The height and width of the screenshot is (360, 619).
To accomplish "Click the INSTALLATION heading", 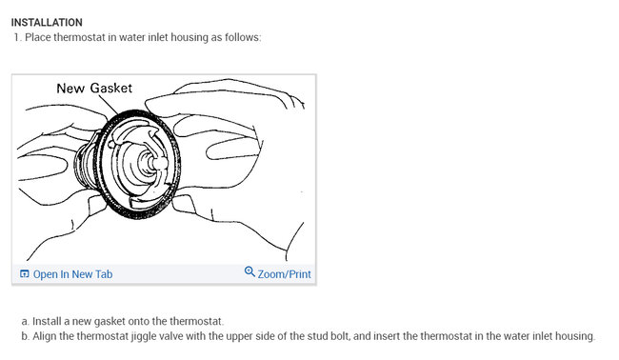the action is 47,23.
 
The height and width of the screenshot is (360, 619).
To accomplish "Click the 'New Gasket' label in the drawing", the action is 94,88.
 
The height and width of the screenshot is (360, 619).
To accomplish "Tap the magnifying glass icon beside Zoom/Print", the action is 250,272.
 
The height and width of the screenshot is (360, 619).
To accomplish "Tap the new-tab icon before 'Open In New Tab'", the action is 25,273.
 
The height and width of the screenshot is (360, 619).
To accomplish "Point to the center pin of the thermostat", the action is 159,162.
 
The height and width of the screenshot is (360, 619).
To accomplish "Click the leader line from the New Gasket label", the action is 108,105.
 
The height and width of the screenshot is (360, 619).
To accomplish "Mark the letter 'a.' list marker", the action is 26,321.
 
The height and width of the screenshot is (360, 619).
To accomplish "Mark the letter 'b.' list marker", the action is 26,336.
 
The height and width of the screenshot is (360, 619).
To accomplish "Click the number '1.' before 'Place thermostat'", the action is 17,37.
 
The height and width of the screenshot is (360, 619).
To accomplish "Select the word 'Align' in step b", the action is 45,336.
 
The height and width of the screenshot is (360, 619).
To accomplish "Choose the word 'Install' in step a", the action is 45,321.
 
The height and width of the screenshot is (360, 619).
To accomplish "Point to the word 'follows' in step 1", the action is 243,37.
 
